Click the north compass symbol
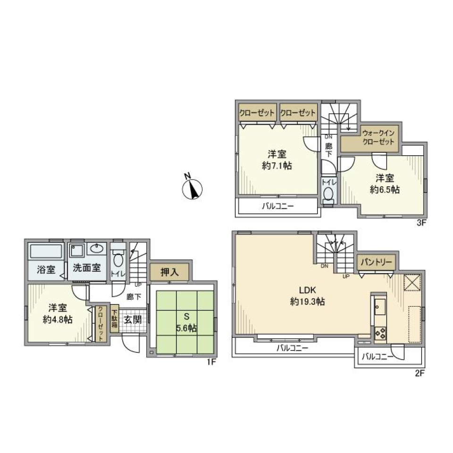point(192,189)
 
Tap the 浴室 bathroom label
point(46,269)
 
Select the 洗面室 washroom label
point(86,268)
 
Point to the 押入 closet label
point(170,272)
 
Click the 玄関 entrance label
point(133,319)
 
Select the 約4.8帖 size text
point(58,319)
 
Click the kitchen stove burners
point(380,334)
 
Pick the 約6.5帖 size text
point(385,189)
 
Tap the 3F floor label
point(421,224)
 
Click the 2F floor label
point(420,373)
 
